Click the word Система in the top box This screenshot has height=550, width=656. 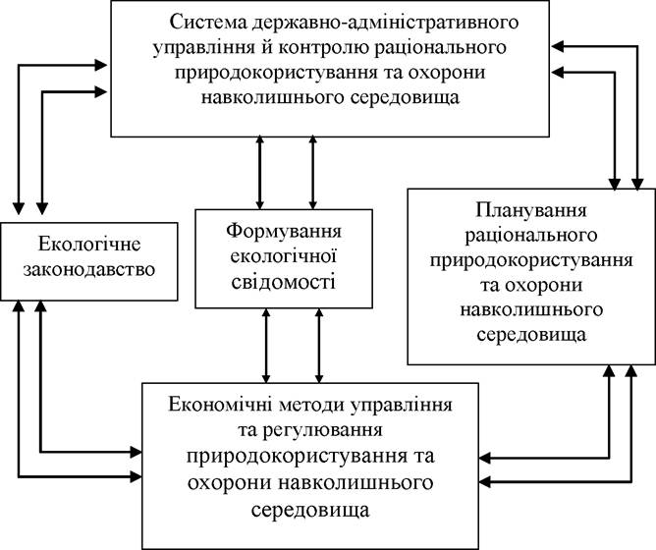point(208,22)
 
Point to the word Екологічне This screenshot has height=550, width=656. point(89,244)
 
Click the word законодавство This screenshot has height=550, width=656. point(89,269)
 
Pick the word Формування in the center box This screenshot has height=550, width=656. point(284,232)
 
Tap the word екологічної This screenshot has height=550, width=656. point(284,255)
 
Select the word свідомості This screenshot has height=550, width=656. point(284,281)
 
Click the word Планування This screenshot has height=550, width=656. point(531,210)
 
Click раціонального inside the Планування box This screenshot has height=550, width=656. point(531,236)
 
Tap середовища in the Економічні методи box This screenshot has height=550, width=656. point(310,510)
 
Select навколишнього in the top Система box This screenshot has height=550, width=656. point(271,97)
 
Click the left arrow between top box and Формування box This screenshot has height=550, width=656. point(260,173)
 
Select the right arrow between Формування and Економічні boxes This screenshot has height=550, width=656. point(319,346)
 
